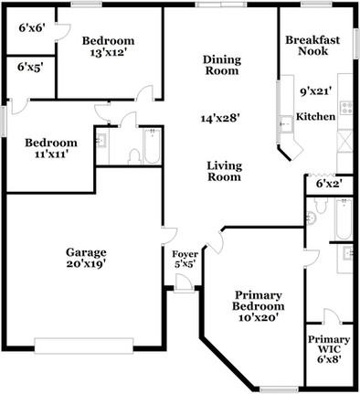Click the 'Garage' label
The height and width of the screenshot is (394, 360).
click(x=87, y=252)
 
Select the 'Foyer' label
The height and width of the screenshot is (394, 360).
click(x=185, y=253)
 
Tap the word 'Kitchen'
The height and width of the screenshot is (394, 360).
click(x=316, y=117)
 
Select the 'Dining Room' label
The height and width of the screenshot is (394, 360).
click(x=222, y=65)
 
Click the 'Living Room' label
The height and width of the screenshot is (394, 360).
click(x=223, y=171)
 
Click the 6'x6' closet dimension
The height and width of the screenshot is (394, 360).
click(x=31, y=27)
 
